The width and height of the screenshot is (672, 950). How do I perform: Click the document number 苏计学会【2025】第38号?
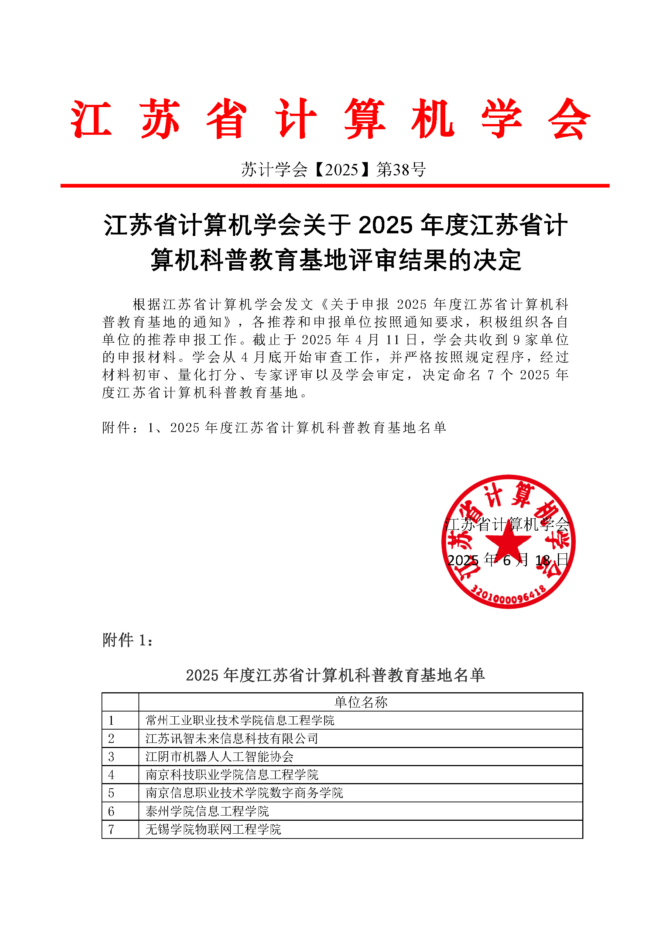(333, 169)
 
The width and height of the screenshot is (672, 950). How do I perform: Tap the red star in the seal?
(508, 540)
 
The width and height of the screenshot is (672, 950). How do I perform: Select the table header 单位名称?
(360, 702)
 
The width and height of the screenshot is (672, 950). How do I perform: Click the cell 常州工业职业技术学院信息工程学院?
(240, 720)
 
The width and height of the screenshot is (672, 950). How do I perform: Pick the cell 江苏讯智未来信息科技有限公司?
(232, 738)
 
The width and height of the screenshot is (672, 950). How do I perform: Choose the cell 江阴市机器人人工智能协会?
(219, 757)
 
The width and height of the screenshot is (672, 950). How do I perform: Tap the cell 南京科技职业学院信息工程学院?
(232, 775)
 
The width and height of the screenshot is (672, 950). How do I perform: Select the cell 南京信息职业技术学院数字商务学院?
(244, 793)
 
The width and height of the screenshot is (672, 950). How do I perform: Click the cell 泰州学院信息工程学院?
(207, 812)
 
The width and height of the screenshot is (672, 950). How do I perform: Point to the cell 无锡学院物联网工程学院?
(213, 829)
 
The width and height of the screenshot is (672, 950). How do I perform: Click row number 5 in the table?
(111, 793)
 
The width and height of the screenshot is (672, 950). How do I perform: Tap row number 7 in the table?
(111, 830)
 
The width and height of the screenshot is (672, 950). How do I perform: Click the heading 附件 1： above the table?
(127, 640)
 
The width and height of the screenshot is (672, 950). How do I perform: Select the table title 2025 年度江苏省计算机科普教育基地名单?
(335, 675)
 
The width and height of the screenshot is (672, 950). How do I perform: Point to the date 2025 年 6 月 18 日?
(508, 560)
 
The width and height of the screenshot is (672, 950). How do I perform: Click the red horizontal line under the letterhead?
(335, 186)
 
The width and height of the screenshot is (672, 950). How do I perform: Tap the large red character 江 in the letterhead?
(92, 119)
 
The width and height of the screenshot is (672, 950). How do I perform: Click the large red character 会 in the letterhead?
(569, 119)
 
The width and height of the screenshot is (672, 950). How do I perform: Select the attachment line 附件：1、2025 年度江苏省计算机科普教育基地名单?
(274, 428)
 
